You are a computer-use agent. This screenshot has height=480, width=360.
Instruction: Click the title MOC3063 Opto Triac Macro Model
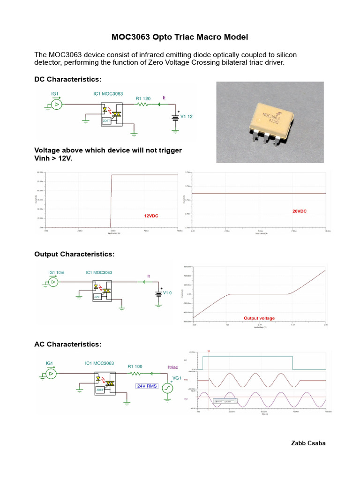click(x=180, y=37)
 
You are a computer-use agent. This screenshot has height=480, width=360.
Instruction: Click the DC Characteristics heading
click(x=67, y=79)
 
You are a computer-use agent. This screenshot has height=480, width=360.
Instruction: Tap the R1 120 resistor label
click(x=143, y=98)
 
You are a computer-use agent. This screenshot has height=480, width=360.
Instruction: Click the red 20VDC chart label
click(x=299, y=211)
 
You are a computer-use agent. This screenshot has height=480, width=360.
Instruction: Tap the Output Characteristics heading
click(x=74, y=254)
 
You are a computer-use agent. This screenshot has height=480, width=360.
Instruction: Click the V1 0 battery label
click(x=168, y=293)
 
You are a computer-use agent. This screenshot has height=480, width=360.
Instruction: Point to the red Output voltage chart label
click(x=259, y=318)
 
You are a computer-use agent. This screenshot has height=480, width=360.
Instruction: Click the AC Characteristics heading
click(x=67, y=345)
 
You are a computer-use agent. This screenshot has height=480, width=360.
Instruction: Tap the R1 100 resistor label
click(x=135, y=367)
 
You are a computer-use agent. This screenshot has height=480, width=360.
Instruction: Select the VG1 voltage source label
click(x=177, y=378)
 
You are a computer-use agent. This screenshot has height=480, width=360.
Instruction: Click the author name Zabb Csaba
click(x=308, y=443)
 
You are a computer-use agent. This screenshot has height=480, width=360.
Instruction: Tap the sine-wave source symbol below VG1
click(x=168, y=388)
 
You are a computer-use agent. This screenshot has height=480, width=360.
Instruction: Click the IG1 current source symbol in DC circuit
click(x=56, y=104)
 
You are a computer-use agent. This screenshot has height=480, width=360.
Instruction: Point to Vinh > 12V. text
click(x=54, y=158)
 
